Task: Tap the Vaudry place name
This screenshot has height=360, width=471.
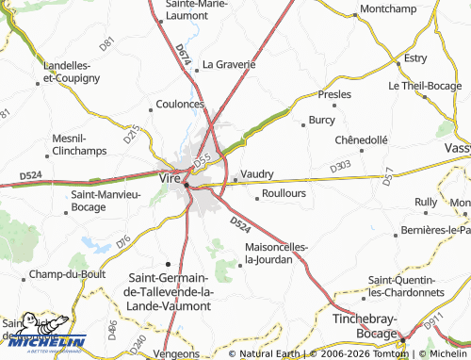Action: coord(257,174)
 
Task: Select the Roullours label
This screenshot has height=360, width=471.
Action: coord(284,193)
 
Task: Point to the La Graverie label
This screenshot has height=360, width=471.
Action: coord(229,65)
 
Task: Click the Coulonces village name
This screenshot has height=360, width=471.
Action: coord(180,105)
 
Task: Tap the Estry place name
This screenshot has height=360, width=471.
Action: coord(414,58)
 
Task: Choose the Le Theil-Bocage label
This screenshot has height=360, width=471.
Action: coord(429,85)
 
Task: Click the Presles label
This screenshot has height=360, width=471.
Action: coord(335,95)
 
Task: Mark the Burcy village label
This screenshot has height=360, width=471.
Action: coord(321,121)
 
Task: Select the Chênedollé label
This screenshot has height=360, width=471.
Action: coord(361,139)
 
